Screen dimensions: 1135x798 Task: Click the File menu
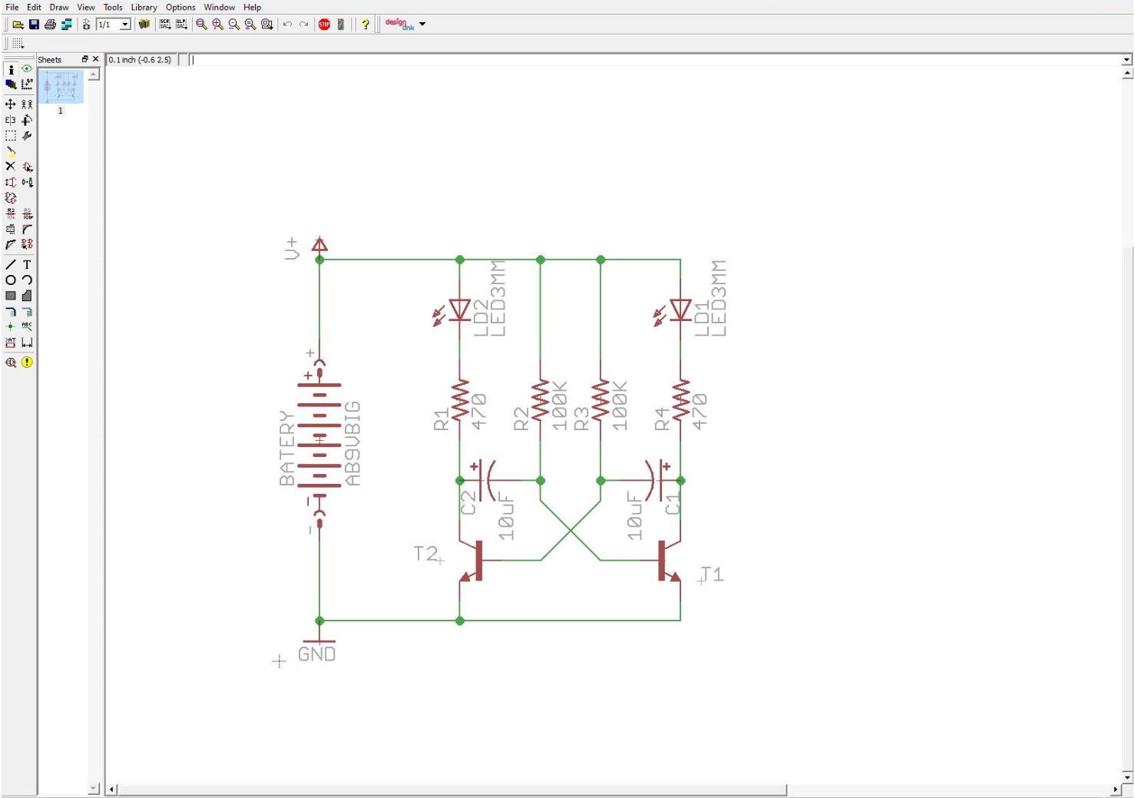12,7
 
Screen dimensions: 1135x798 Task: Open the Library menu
144,7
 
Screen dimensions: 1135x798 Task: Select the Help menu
252,7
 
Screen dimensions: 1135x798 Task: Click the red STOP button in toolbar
324,25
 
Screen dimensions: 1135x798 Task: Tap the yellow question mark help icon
365,25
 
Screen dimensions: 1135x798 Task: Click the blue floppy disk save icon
34,25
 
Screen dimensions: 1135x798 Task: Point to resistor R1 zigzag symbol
459,399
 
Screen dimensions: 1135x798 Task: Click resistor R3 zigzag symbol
601,399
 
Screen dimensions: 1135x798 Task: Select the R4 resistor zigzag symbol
680,399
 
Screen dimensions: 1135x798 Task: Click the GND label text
316,654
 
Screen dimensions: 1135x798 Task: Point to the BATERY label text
286,448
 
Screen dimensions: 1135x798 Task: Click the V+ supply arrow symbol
319,245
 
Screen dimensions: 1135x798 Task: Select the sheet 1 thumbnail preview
61,87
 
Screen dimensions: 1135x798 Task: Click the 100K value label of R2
560,406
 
